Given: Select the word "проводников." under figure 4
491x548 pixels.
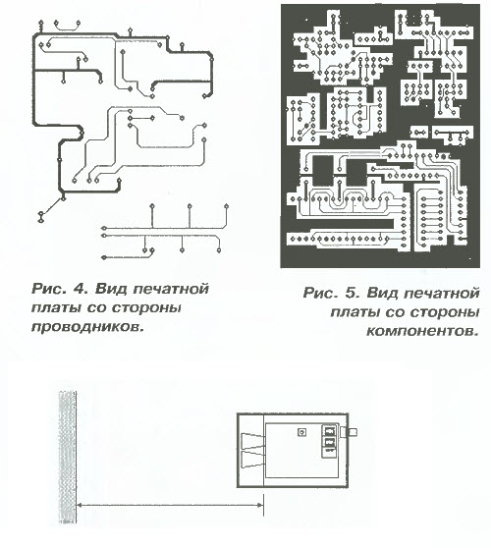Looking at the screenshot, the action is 87,327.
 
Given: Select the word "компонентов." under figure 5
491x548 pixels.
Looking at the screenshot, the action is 422,331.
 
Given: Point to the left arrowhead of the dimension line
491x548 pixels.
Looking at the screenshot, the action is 80,505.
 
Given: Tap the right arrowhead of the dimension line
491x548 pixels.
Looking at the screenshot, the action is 259,505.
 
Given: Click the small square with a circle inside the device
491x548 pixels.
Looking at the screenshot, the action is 301,432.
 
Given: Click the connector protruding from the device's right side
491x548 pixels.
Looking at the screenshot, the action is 350,432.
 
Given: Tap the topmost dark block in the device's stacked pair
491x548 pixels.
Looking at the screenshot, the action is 329,430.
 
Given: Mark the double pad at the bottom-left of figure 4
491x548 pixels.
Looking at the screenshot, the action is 41,217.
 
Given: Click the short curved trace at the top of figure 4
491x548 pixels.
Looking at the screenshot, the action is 67,27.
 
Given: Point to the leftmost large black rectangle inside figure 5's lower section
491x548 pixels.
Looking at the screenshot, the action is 323,171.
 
